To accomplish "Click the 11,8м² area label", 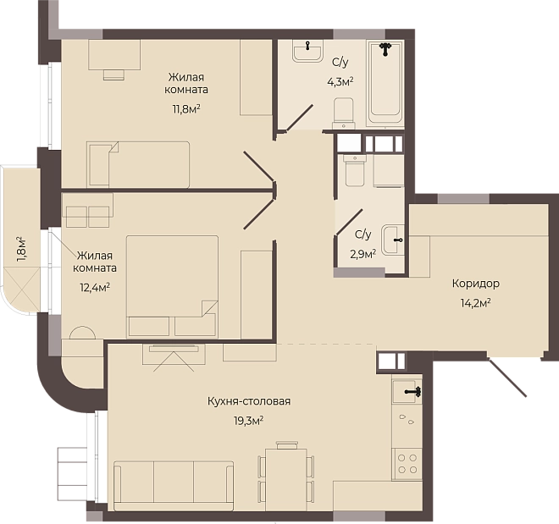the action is pos(186,108).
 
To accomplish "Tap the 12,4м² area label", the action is pos(95,287).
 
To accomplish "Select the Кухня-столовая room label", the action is pos(249,401).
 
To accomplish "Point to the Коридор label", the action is pos(476,284).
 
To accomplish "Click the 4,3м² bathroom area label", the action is pos(340,82).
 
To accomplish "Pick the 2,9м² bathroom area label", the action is pos(363,254).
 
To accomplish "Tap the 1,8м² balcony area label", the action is pos(21,249).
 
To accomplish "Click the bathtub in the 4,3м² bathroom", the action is pos(385,83).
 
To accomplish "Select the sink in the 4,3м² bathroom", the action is pos(307,51).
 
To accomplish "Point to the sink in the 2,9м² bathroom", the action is pos(392,240).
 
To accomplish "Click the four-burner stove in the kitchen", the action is pos(407,463).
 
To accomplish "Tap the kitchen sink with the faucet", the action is pos(407,391).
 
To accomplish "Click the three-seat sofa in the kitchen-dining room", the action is pos(174,486).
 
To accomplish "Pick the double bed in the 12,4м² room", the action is pos(172,285).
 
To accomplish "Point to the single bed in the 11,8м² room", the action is pos(138,164).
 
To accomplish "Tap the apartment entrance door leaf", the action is pos(506,377).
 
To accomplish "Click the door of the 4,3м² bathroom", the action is pos(299,118).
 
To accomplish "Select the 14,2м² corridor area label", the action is pos(476,304).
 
